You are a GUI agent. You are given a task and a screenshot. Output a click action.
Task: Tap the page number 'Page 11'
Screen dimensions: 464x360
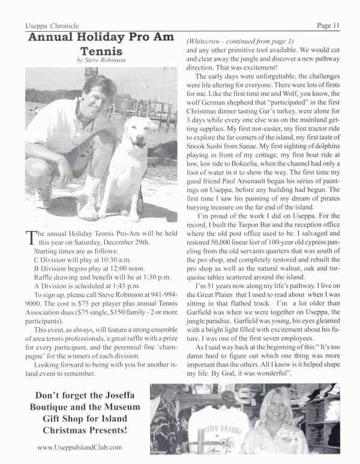[328, 25]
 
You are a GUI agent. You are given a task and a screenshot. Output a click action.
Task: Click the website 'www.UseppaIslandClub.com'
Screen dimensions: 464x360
[80, 447]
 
